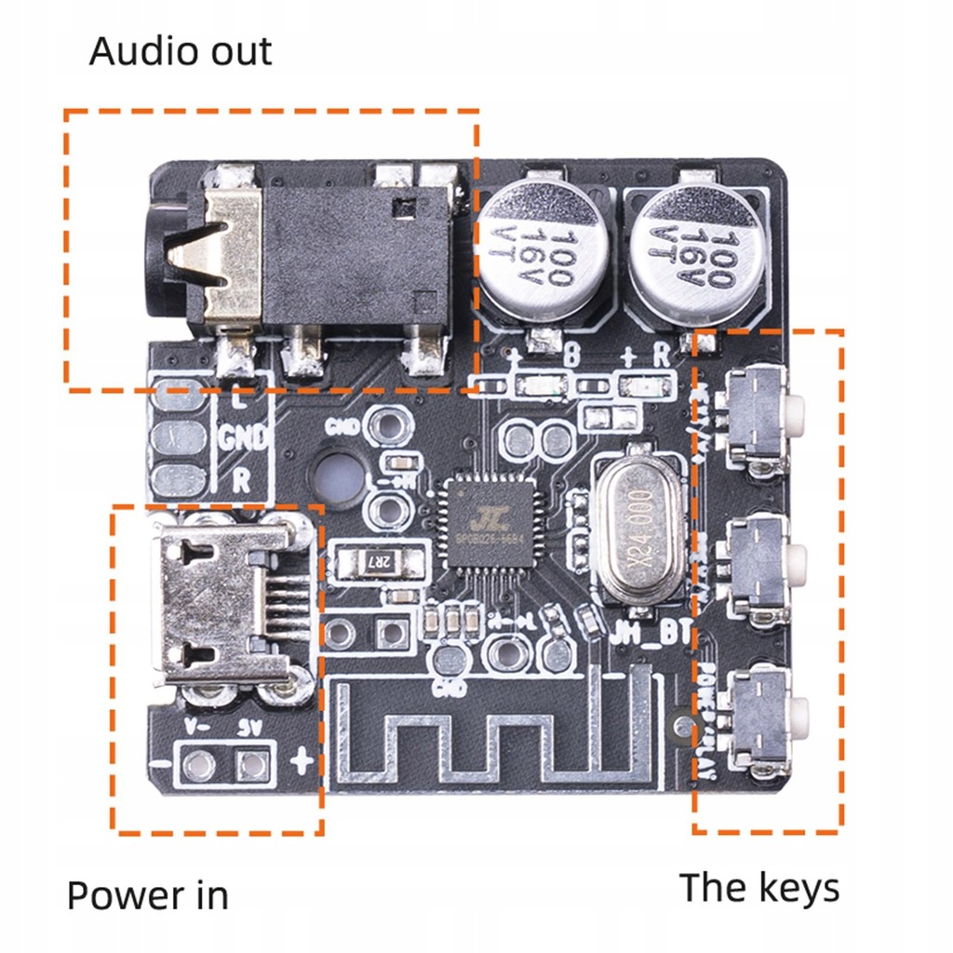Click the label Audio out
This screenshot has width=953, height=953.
pos(181,51)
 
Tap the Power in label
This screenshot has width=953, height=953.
pos(147,895)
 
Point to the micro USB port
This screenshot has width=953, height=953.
pos(223,605)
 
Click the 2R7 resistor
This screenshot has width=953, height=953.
pos(365,561)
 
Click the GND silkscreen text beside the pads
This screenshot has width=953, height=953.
pos(244,436)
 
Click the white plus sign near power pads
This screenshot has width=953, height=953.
pos(301,763)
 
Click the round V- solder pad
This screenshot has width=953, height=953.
pos(197,765)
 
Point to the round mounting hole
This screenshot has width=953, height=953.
pos(338,476)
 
